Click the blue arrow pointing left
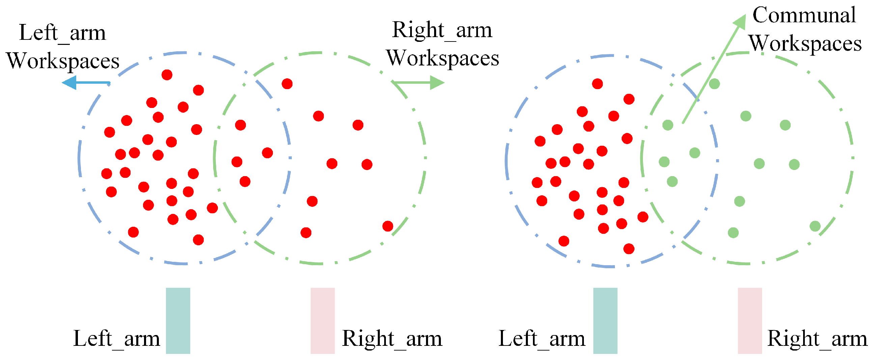(85, 83)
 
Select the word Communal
(803, 15)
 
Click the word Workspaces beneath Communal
(805, 44)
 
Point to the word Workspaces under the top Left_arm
(63, 61)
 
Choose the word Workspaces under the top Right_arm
(442, 58)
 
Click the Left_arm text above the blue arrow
(62, 33)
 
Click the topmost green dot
(714, 83)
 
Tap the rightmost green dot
(815, 226)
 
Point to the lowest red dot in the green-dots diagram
(628, 249)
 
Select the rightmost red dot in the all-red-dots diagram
(388, 226)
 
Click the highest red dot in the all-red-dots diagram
(167, 75)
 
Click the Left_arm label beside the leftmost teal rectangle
(116, 339)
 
